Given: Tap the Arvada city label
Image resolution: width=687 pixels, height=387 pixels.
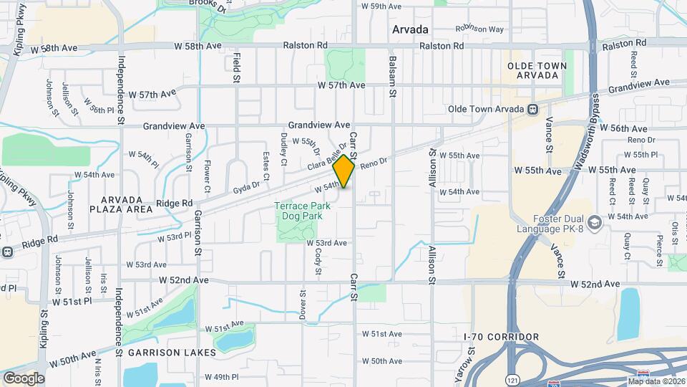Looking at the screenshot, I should pyautogui.click(x=410, y=29).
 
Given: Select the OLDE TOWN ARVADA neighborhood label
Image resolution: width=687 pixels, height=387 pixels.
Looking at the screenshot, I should pyautogui.click(x=537, y=71).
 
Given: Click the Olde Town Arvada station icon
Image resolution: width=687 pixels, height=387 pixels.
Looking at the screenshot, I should pyautogui.click(x=532, y=109).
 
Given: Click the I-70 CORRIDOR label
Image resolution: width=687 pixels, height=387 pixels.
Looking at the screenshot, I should pyautogui.click(x=501, y=337).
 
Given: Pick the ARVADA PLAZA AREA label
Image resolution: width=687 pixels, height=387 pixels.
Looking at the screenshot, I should pyautogui.click(x=121, y=204).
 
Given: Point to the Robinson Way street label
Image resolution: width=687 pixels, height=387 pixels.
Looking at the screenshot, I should pyautogui.click(x=480, y=29).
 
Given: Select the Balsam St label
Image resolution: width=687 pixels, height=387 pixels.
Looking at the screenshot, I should pyautogui.click(x=392, y=78).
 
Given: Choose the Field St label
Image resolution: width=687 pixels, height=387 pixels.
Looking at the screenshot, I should pyautogui.click(x=235, y=65).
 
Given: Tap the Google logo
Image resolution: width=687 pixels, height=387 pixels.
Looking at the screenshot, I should pyautogui.click(x=24, y=378).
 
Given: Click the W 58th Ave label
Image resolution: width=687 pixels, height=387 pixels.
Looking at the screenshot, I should pyautogui.click(x=54, y=47).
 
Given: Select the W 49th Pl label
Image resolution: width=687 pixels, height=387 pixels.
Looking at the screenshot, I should pyautogui.click(x=221, y=377).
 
